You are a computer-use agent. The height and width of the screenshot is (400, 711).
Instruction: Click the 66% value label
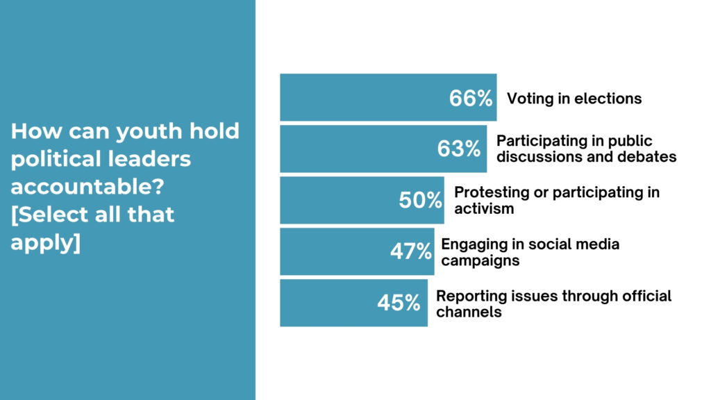point(470,99)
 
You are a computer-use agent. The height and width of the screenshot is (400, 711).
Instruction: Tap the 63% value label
point(459,149)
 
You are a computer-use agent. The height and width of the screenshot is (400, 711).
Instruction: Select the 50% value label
point(420,200)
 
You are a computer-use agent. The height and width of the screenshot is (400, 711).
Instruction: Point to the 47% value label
point(411,251)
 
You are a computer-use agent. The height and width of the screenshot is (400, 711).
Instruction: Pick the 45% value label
point(399,303)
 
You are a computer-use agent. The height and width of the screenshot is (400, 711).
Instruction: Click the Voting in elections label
point(574,99)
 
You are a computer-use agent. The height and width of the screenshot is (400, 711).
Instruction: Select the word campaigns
point(480,261)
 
